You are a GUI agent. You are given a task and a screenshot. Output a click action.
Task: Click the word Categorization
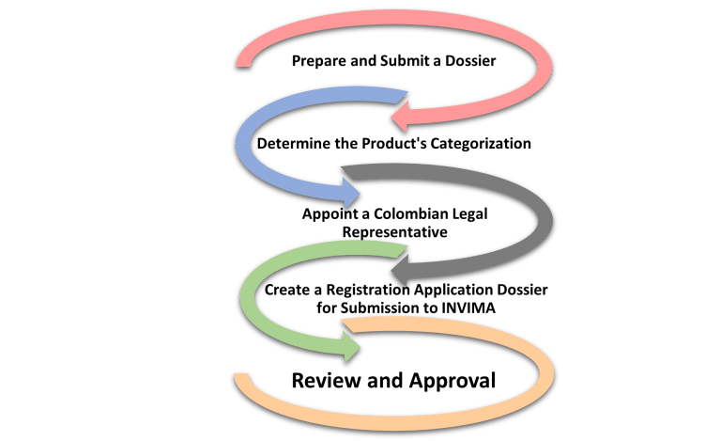pos(484,145)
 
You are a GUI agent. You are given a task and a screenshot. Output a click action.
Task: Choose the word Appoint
pos(325,213)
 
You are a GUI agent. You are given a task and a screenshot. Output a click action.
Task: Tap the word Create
pos(285,291)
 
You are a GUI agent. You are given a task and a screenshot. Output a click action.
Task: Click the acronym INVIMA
pos(471,307)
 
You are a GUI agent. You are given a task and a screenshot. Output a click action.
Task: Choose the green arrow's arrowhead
pos(354,347)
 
